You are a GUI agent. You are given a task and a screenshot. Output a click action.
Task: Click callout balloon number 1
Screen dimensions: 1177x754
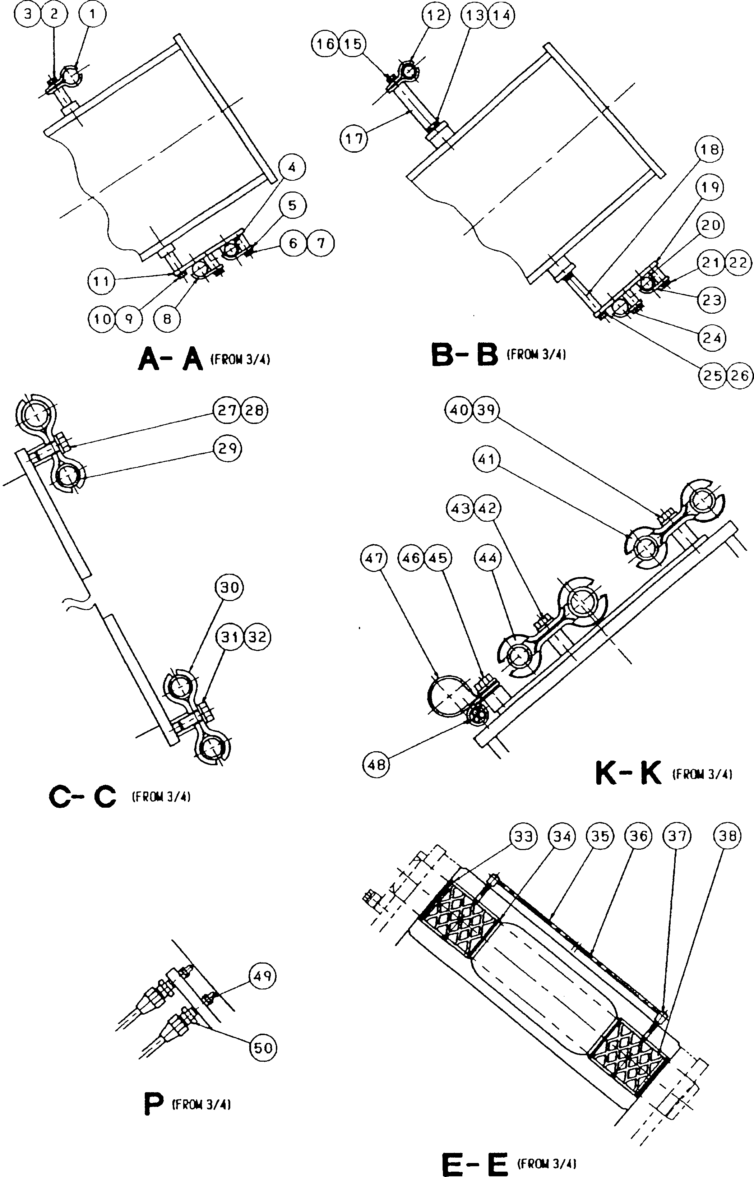click(x=92, y=14)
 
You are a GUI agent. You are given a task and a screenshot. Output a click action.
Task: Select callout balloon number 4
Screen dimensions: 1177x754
click(x=292, y=168)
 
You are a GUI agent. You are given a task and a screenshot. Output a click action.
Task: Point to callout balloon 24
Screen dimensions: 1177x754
click(x=711, y=338)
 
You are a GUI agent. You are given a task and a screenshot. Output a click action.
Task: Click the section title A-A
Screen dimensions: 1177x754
click(x=170, y=359)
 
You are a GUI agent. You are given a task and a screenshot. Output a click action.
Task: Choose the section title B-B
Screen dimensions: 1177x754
click(x=464, y=355)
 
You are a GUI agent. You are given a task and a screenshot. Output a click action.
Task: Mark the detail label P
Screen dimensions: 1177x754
click(x=153, y=1105)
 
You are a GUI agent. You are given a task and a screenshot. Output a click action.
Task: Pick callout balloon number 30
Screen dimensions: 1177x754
click(x=229, y=587)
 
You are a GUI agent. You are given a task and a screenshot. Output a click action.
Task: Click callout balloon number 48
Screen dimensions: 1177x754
click(x=376, y=764)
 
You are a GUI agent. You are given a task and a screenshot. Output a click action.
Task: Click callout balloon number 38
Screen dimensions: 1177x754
click(x=727, y=836)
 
